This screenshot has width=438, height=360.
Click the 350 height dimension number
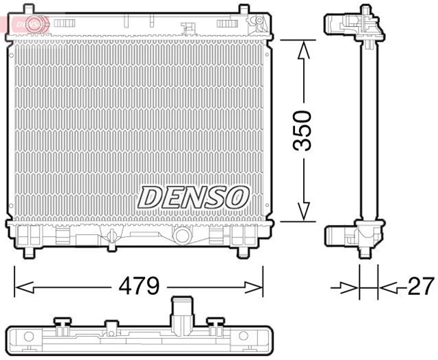tap(303, 130)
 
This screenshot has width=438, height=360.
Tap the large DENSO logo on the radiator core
tap(194, 197)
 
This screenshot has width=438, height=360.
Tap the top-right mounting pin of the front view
tap(244, 8)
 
